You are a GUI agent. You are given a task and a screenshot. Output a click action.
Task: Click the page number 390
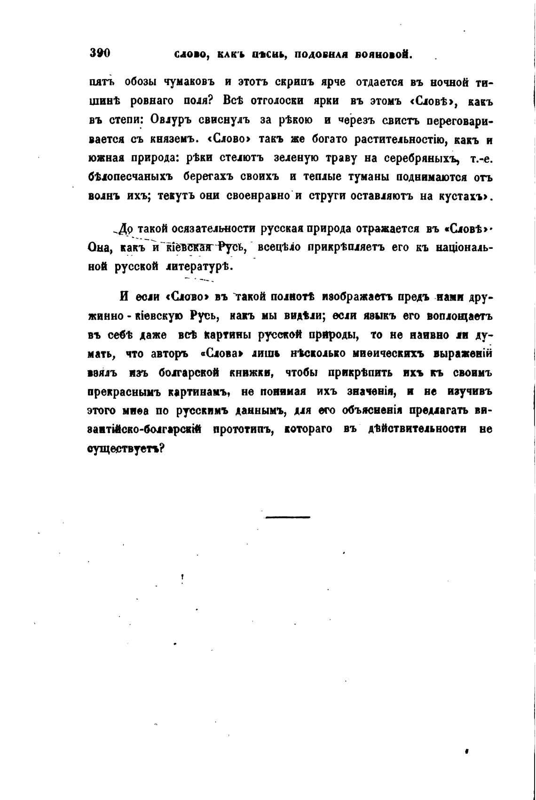pyautogui.click(x=99, y=53)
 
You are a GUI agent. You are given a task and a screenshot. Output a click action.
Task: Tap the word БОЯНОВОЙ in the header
pyautogui.click(x=384, y=55)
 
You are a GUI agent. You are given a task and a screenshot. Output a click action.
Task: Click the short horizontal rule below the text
pyautogui.click(x=287, y=517)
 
